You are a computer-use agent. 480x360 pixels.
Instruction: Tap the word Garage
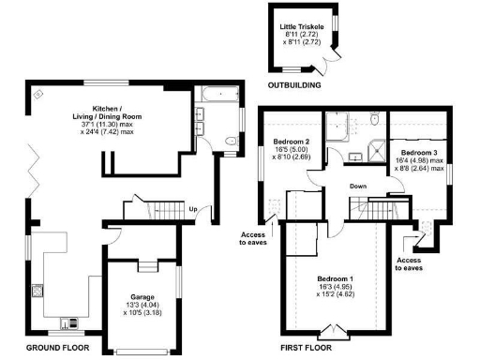pos(142,296)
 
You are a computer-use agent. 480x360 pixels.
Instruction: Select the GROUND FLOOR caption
pos(57,348)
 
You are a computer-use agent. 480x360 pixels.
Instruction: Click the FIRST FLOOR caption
pos(305,348)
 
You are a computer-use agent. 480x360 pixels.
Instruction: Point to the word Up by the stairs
pos(193,208)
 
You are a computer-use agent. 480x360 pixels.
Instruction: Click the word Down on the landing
pos(359,185)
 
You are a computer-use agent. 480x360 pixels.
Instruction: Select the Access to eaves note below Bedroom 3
pos(409,263)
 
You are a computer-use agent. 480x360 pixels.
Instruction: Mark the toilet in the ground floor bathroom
pos(230,142)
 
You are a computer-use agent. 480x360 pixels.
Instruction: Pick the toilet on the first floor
pos(373,119)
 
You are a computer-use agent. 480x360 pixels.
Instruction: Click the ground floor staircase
pos(167,212)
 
